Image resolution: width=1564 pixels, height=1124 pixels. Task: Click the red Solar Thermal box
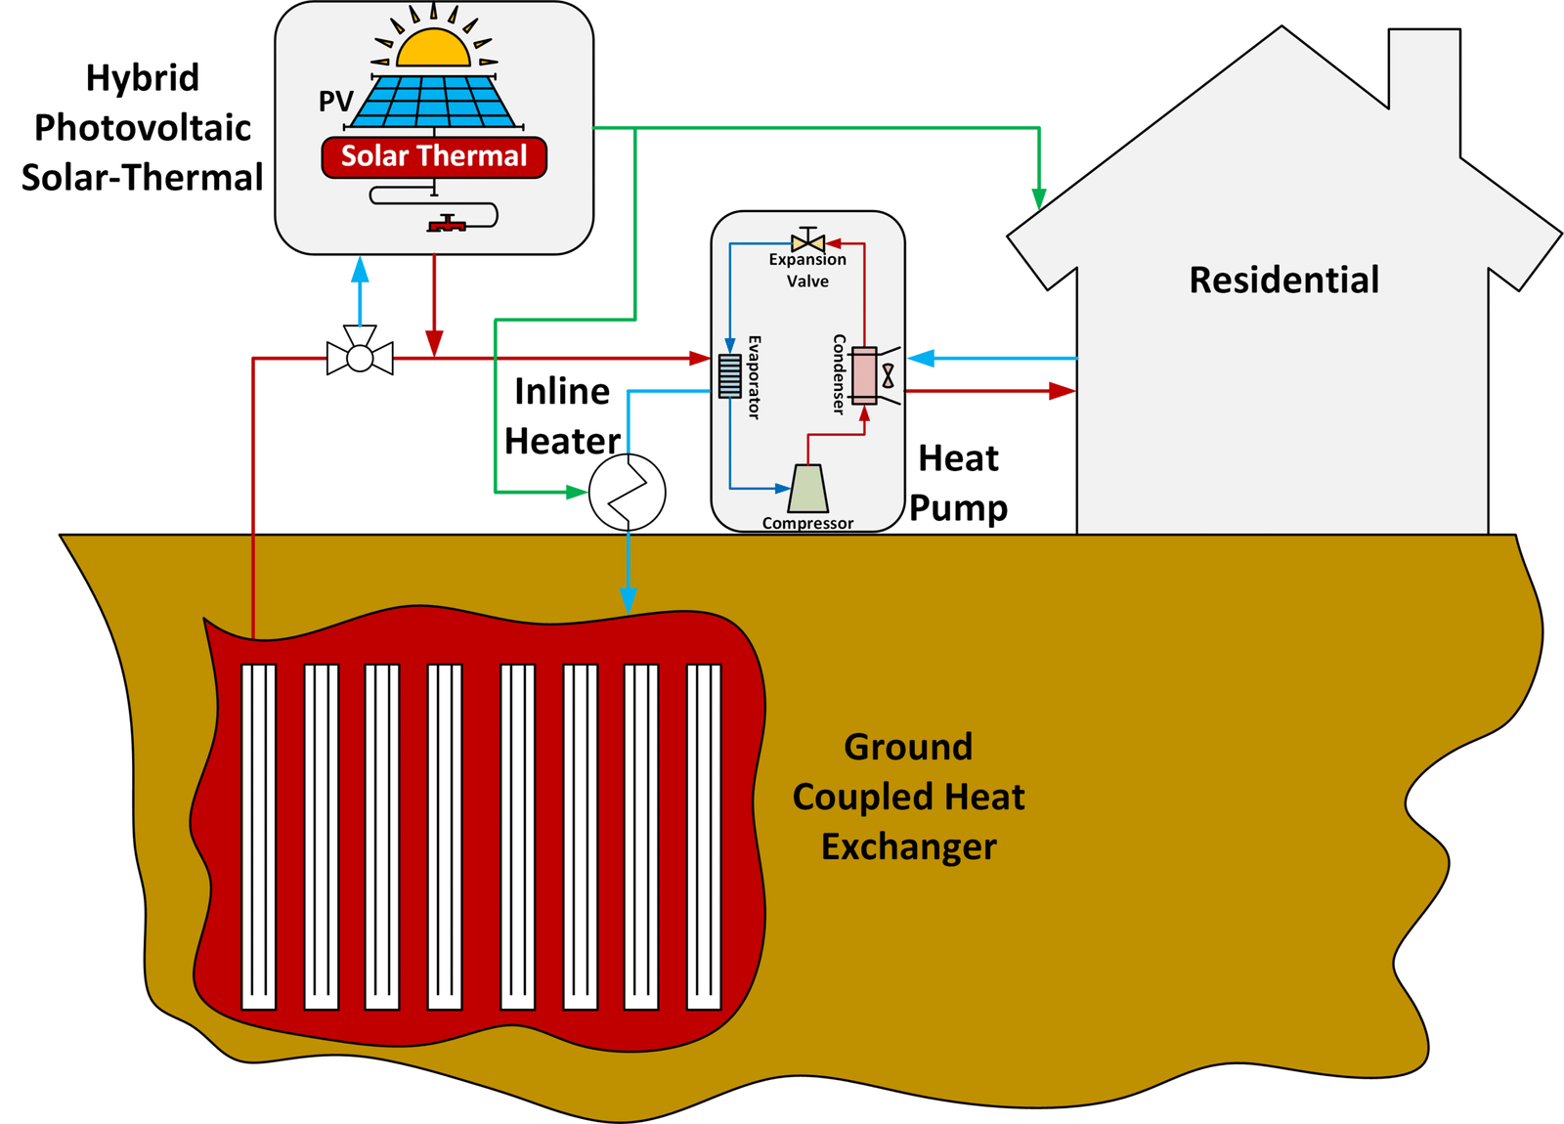(434, 157)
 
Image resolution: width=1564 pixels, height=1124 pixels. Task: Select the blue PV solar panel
(432, 102)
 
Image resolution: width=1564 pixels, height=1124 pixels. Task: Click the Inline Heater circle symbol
(627, 493)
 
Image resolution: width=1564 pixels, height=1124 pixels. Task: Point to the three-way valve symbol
(360, 357)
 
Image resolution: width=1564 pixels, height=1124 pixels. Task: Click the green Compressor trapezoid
(808, 488)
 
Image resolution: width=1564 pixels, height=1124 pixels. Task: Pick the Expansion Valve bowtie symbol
(808, 242)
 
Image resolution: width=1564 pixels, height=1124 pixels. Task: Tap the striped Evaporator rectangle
(730, 376)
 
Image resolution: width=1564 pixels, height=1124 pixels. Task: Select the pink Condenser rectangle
(864, 375)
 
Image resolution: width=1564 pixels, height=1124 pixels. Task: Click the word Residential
(1283, 281)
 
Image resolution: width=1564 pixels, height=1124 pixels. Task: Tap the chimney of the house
(1424, 93)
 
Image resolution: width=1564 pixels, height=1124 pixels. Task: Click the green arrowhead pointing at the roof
(1039, 198)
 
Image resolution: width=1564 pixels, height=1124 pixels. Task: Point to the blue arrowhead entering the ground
(629, 600)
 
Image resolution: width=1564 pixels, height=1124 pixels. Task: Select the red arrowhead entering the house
(1062, 391)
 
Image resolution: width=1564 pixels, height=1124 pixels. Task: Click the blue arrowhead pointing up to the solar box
(360, 269)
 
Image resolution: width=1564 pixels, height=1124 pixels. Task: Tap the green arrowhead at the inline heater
(577, 492)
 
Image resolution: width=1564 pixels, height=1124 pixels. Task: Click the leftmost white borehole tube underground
(259, 836)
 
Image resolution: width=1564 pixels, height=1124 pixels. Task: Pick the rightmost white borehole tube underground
(704, 836)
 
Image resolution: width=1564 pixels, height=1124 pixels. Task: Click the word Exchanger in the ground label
(908, 846)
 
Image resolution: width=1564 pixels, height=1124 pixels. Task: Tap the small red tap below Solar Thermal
(447, 225)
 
